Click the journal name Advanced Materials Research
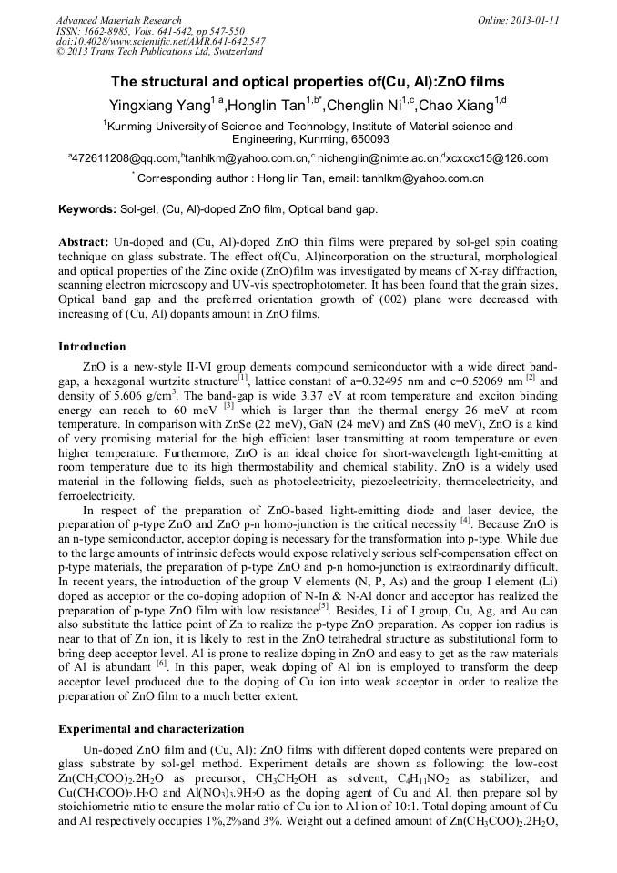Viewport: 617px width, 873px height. tap(119, 20)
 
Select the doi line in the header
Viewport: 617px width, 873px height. tap(161, 41)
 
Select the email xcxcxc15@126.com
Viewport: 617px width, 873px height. tap(498, 158)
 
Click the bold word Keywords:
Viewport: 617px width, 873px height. tap(87, 209)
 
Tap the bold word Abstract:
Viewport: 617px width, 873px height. tap(83, 244)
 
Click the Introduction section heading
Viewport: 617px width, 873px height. tap(93, 347)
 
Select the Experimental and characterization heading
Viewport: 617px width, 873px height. tap(151, 728)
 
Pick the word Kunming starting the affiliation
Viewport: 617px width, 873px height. tap(132, 127)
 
